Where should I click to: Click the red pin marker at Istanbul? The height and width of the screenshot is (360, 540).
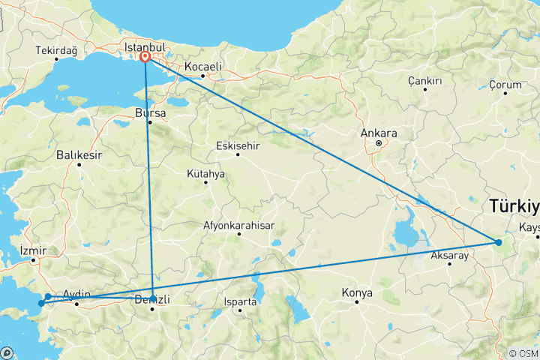pyautogui.click(x=144, y=56)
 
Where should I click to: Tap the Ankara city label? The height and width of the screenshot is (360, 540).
pyautogui.click(x=379, y=133)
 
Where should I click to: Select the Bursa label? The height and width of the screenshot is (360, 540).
pyautogui.click(x=150, y=113)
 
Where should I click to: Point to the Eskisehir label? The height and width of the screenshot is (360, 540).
pyautogui.click(x=238, y=145)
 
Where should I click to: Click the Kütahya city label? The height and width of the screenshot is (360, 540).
pyautogui.click(x=205, y=173)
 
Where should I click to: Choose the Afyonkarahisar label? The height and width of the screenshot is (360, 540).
pyautogui.click(x=239, y=225)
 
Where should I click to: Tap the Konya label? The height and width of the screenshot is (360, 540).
pyautogui.click(x=357, y=292)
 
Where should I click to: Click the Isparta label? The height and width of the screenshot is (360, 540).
pyautogui.click(x=239, y=301)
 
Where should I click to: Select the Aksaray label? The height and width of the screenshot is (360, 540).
pyautogui.click(x=450, y=256)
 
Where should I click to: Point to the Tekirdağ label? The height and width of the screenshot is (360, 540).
pyautogui.click(x=56, y=51)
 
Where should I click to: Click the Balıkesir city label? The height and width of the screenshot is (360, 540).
pyautogui.click(x=78, y=155)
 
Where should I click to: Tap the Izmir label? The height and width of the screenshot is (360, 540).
pyautogui.click(x=34, y=250)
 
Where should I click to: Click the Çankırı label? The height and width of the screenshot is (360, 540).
pyautogui.click(x=424, y=80)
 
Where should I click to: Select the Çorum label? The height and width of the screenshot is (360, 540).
pyautogui.click(x=505, y=85)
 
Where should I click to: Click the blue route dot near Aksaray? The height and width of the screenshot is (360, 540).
pyautogui.click(x=498, y=241)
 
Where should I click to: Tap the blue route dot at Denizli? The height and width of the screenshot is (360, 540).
pyautogui.click(x=153, y=298)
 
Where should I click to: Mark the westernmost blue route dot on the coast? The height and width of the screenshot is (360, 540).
pyautogui.click(x=40, y=304)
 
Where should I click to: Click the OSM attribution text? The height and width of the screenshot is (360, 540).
pyautogui.click(x=523, y=353)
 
